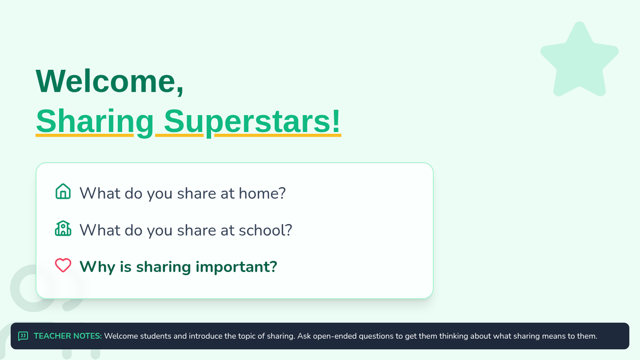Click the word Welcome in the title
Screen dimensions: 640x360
point(105,81)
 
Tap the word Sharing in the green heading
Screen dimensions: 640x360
point(95,122)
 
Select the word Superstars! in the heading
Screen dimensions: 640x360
point(252,122)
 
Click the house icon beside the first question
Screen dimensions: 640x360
point(63,191)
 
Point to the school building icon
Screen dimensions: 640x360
point(63,228)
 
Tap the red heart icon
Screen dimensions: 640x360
point(63,265)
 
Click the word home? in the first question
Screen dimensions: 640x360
point(262,193)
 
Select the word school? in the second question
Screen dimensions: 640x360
point(266,230)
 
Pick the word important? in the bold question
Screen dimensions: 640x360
point(236,267)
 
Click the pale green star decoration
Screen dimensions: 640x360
point(579,60)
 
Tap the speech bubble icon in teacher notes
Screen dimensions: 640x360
point(23,336)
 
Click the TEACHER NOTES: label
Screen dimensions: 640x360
point(68,336)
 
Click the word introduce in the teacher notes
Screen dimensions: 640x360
point(205,336)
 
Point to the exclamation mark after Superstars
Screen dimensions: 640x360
point(337,121)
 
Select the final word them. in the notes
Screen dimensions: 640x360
point(587,336)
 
